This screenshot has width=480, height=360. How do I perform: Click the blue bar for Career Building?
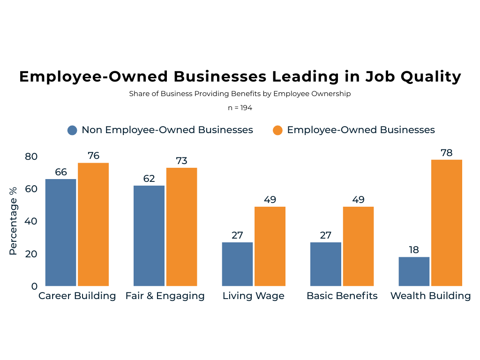coord(60,232)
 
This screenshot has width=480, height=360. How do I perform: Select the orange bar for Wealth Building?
coord(446,223)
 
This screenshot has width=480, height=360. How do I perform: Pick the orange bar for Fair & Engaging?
coord(181,226)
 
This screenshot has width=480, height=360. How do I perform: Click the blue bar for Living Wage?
coord(237,264)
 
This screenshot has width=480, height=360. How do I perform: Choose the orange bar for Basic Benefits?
coord(358,246)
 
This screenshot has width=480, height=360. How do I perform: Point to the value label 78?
coord(447,152)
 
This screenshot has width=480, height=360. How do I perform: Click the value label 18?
coord(414,249)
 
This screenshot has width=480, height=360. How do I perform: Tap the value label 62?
coord(149,179)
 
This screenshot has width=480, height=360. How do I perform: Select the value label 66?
coord(61,172)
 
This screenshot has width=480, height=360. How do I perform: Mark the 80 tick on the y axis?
coord(31,157)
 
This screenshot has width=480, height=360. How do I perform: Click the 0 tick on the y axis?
coord(34,286)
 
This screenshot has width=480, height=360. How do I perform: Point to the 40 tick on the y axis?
coord(31,221)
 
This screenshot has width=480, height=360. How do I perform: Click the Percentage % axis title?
coord(13,221)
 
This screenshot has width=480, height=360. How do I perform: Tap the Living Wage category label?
coord(253,296)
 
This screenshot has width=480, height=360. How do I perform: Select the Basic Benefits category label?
coord(342,296)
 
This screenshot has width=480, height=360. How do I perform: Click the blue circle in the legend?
coord(72,130)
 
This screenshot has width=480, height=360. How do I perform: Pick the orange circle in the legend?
coord(277,130)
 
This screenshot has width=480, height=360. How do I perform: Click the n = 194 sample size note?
coord(240,107)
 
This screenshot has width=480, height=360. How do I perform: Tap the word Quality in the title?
coord(433,76)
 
